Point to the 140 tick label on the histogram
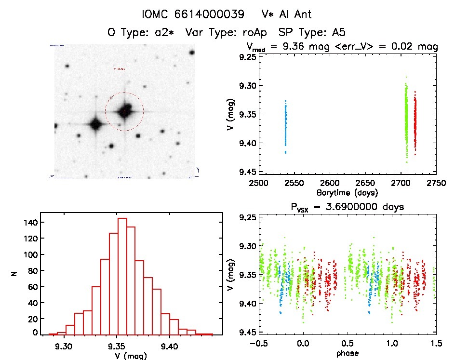point(28,222)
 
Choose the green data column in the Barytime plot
point(406,120)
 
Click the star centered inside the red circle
point(125,111)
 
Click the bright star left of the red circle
point(95,124)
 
